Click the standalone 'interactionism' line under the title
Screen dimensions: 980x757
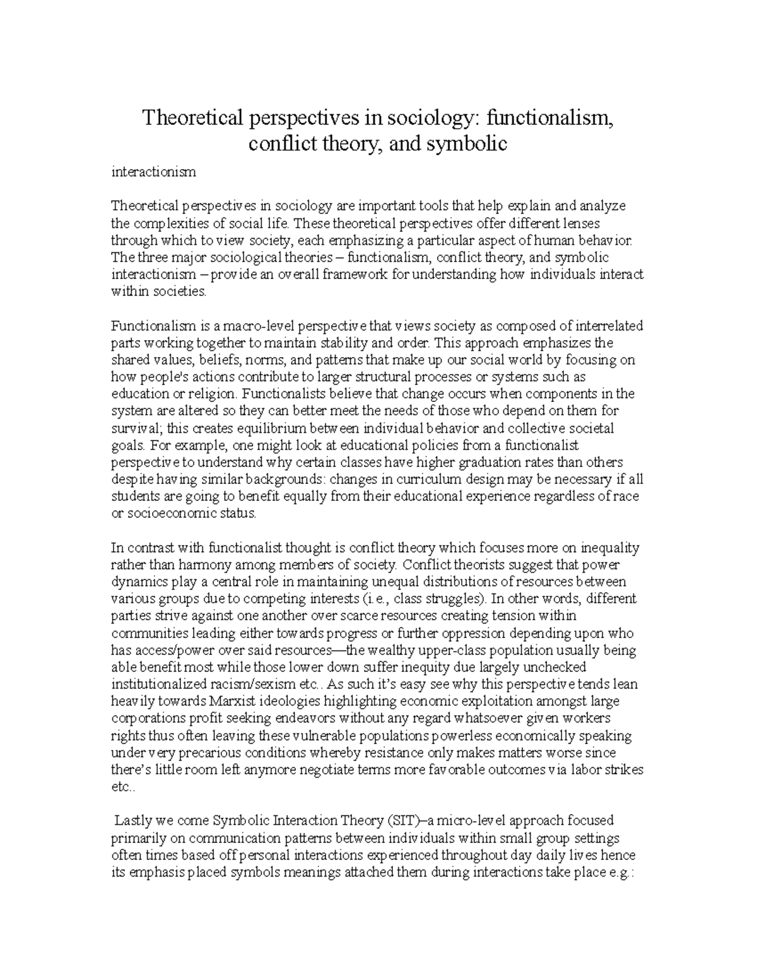point(153,172)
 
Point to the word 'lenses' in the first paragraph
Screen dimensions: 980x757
point(582,223)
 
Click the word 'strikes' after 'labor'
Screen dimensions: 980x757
point(622,770)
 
